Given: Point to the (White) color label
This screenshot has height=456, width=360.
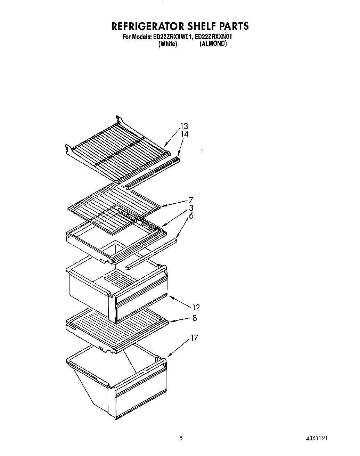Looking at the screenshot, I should [167, 44].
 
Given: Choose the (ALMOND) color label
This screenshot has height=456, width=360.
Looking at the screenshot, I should [213, 44].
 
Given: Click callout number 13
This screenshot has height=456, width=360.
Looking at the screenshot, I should [184, 126].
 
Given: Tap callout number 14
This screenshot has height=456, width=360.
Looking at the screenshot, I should [185, 134].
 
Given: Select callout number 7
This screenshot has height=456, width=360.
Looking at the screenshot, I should [191, 200].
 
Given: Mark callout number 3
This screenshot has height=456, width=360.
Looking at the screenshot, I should [191, 208].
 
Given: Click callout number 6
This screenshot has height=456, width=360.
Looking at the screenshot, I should [191, 216].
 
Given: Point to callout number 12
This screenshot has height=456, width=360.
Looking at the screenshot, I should [196, 307].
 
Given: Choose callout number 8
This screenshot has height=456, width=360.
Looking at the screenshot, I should [195, 318].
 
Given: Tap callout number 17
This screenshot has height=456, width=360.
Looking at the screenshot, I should [194, 337].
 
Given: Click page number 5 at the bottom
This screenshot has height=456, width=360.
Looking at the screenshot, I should [181, 438].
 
